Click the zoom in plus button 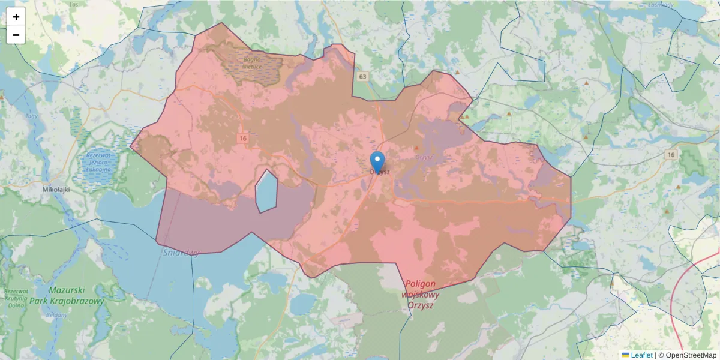point(16,17)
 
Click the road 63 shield point(362,77)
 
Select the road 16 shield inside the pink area point(242,139)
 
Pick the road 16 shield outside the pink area point(671,155)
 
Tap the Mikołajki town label point(57,189)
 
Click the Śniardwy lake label point(181,253)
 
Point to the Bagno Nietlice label point(252,63)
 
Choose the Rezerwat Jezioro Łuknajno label point(99,163)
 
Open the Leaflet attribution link point(641,355)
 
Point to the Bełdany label point(56,315)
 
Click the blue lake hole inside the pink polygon point(266,191)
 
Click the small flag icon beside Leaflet point(625,355)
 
